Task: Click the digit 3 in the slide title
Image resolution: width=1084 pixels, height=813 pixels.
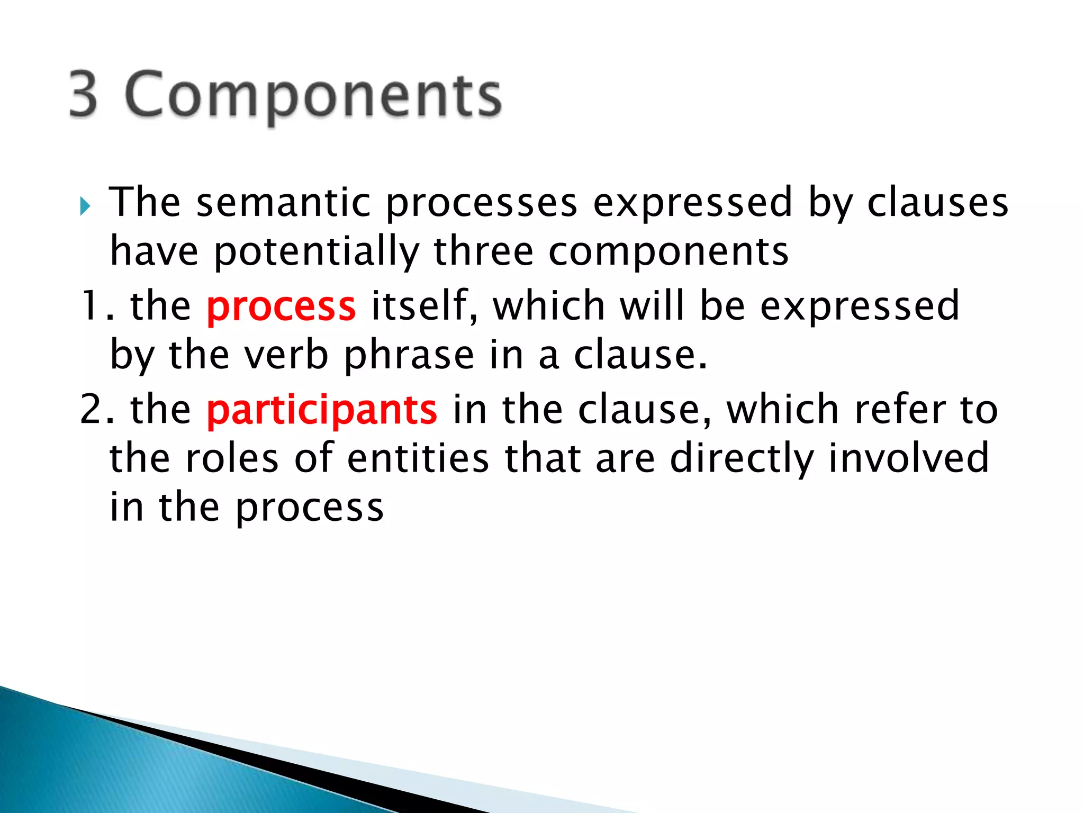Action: tap(84, 94)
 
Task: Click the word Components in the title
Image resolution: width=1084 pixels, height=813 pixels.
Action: tap(313, 95)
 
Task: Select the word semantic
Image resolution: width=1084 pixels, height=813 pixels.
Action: tap(283, 203)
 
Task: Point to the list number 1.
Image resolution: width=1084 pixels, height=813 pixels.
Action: tap(90, 306)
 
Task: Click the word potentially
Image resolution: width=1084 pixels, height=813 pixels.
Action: tap(317, 252)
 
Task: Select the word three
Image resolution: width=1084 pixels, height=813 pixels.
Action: tap(483, 251)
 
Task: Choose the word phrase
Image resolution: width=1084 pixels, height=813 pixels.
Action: tap(409, 356)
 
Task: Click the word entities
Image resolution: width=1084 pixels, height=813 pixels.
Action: tap(418, 458)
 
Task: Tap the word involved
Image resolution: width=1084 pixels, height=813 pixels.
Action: tap(908, 458)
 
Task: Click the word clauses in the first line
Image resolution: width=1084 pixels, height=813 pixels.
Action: tap(937, 203)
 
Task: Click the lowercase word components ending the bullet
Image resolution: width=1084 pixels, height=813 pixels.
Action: tap(668, 252)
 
